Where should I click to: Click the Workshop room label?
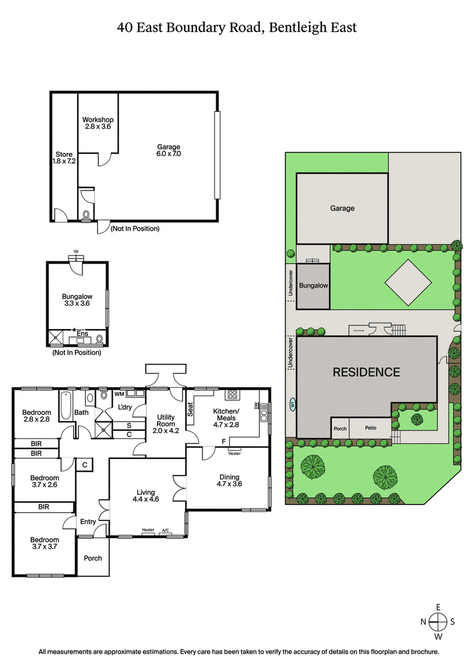pos(98,123)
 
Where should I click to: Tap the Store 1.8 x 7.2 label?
pos(64,158)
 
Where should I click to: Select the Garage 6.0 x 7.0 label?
pos(168,151)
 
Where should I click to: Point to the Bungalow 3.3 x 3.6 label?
pos(78,299)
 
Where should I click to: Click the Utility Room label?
pos(166,424)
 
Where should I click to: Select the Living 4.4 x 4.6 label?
pos(145,496)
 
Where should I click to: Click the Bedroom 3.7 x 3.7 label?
pos(44,543)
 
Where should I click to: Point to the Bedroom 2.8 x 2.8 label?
pos(37,416)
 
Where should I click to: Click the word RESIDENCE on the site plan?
pos(366,372)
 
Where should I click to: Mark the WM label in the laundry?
pos(119,394)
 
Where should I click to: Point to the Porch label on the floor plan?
pos(93,558)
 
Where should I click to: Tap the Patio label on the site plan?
pos(370,428)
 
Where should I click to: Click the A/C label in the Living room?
pos(165,529)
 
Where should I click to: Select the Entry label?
pos(88,522)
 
